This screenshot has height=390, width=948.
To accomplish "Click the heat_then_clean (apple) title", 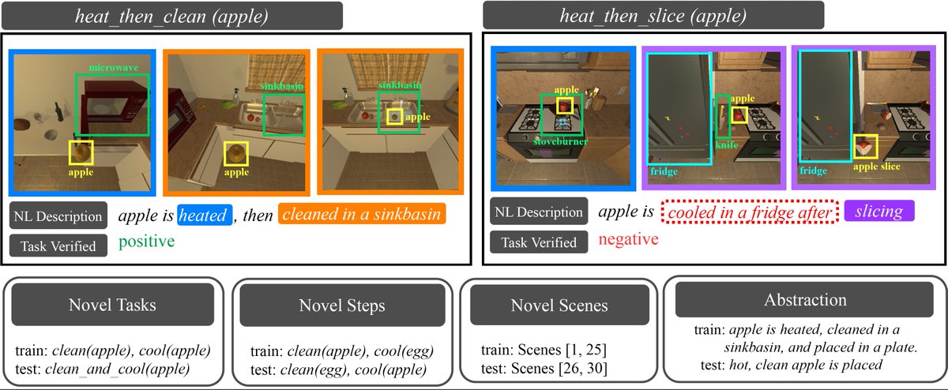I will click(171, 15).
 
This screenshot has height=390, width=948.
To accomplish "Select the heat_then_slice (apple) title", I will click(653, 15).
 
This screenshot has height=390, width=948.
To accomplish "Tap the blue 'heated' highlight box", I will click(205, 215).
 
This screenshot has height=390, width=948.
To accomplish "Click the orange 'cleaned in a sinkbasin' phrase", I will click(360, 215).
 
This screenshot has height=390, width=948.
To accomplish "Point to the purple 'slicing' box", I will click(878, 211).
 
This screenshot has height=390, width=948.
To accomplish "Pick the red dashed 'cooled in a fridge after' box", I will click(747, 212).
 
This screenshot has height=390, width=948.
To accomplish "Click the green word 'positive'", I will click(146, 242).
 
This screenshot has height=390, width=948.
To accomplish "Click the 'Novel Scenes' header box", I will click(559, 305).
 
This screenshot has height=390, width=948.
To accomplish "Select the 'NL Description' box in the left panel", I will click(57, 216).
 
